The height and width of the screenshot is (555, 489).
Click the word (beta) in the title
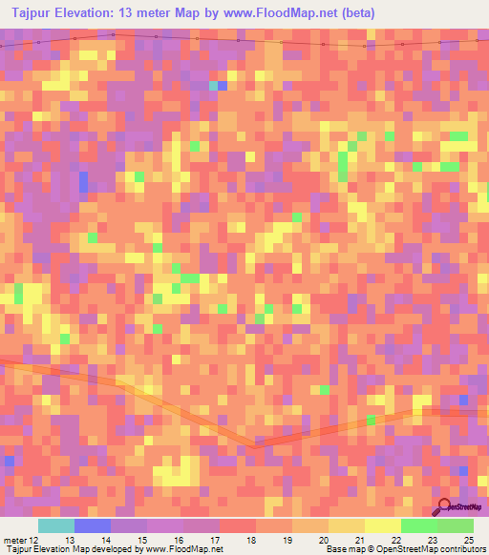(353, 13)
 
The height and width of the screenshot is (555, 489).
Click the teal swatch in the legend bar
(56, 525)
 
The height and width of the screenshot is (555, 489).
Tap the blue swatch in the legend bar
(93, 525)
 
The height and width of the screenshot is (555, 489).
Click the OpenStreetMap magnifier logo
(443, 506)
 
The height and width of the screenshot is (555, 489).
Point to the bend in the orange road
(254, 443)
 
